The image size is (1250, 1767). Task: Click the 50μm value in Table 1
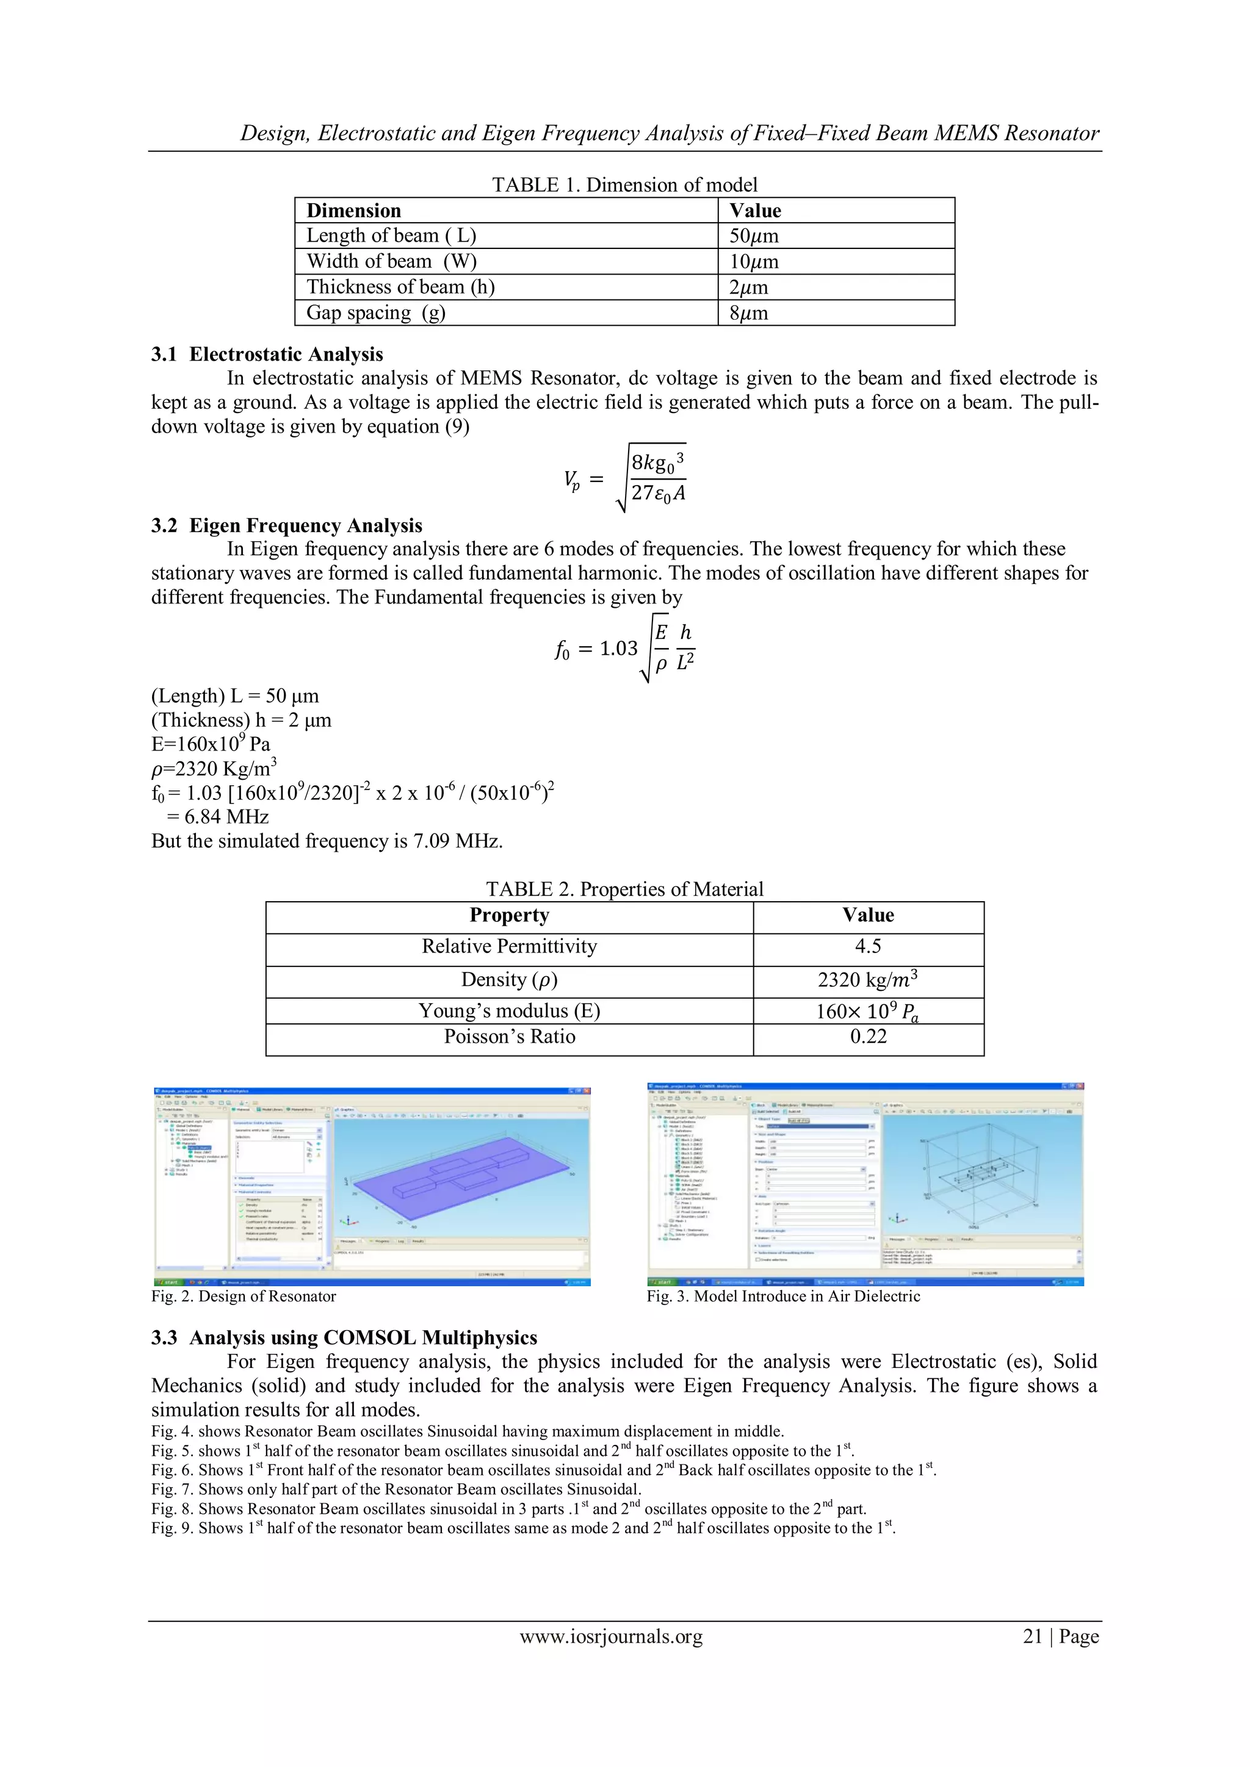click(754, 236)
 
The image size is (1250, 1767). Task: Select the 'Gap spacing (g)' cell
click(375, 313)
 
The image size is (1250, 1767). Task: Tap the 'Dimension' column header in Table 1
click(353, 211)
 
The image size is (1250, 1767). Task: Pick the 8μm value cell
click(748, 313)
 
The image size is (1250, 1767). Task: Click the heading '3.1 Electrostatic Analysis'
click(267, 354)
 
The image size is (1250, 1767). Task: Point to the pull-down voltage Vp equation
click(624, 479)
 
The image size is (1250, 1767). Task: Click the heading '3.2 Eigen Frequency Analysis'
click(286, 525)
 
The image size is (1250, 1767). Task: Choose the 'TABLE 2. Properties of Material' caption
click(624, 889)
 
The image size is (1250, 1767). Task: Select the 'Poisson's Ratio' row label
click(509, 1037)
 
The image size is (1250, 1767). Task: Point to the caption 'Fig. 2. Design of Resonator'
click(244, 1296)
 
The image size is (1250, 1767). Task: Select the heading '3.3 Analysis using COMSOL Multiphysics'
click(344, 1337)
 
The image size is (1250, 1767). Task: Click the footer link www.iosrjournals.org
click(610, 1636)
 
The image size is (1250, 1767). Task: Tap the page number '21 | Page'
click(1060, 1636)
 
